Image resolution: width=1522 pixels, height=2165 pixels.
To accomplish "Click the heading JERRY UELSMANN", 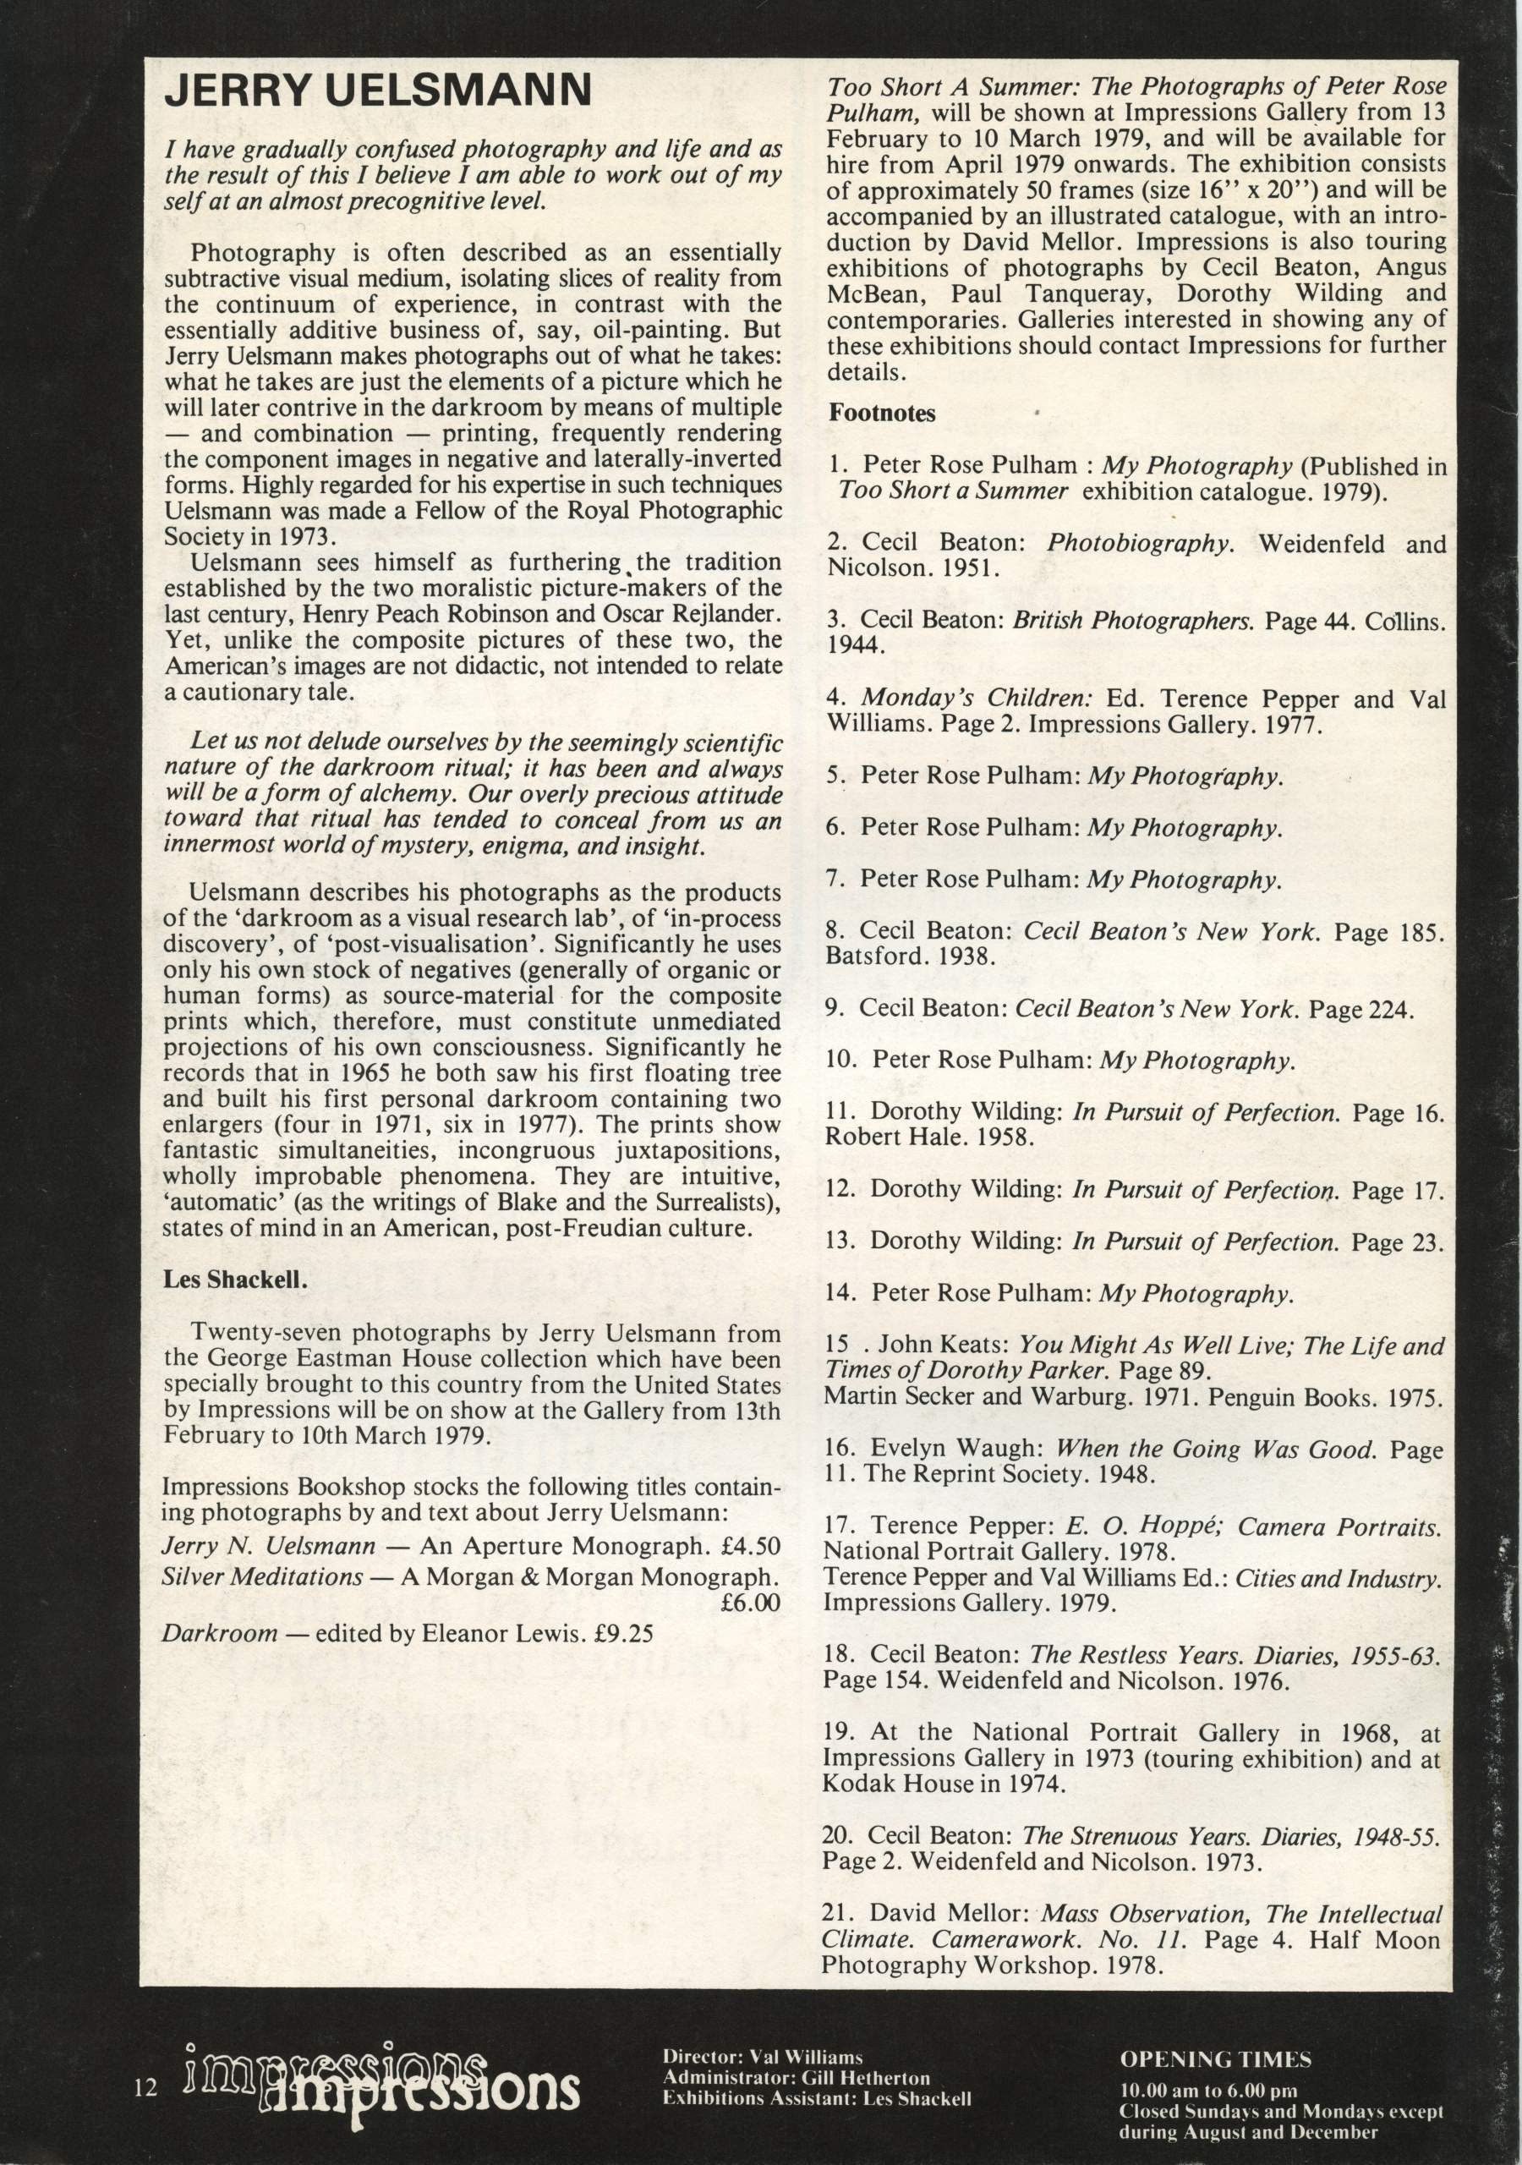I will coord(377,92).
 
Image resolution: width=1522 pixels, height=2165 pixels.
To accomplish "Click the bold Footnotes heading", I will coord(882,413).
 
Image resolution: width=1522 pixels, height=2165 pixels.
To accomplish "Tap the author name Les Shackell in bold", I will coord(235,1280).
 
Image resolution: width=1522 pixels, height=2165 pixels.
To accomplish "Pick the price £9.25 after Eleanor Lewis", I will coord(623,1632).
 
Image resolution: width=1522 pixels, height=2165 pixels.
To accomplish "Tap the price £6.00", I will coord(750,1602).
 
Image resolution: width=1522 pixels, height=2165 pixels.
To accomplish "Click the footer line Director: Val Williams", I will coord(762,2057).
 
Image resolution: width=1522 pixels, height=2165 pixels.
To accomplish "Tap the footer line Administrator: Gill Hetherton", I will coord(796,2077).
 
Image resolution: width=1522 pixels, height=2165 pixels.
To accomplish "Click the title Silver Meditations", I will coord(262,1576).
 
